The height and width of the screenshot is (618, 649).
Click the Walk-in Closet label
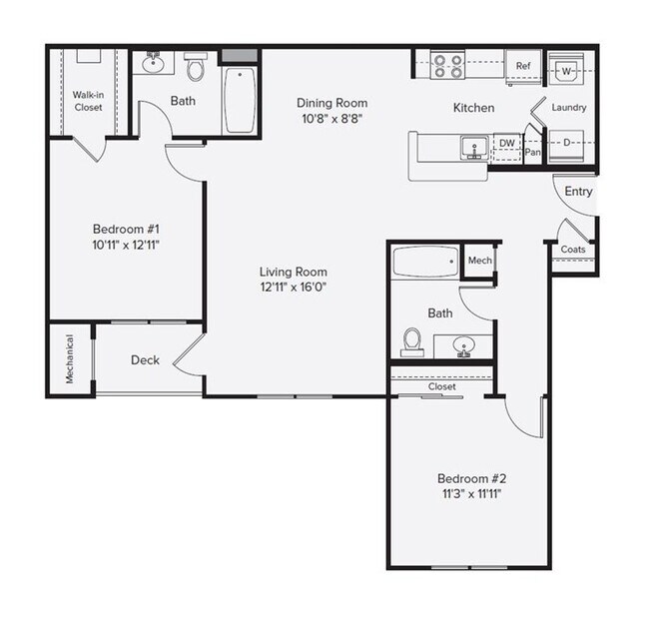pyautogui.click(x=87, y=101)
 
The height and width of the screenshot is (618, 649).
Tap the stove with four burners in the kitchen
pyautogui.click(x=448, y=66)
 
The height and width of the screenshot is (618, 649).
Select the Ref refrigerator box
pyautogui.click(x=522, y=67)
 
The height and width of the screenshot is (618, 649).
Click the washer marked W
pyautogui.click(x=566, y=71)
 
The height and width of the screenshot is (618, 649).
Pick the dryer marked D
pyautogui.click(x=567, y=144)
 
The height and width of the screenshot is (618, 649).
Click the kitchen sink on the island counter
pyautogui.click(x=472, y=149)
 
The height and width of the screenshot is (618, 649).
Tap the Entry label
pyautogui.click(x=578, y=191)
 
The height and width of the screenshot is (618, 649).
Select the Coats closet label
pyautogui.click(x=572, y=249)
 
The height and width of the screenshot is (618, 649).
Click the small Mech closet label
pyautogui.click(x=480, y=261)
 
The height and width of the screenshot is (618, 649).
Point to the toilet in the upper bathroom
pyautogui.click(x=195, y=69)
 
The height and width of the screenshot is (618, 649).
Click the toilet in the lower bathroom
pyautogui.click(x=411, y=342)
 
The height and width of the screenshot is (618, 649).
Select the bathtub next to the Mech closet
pyautogui.click(x=425, y=263)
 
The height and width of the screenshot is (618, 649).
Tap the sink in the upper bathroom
pyautogui.click(x=154, y=65)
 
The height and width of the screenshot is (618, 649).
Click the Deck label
pyautogui.click(x=145, y=360)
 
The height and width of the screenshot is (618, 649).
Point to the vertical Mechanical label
pyautogui.click(x=71, y=359)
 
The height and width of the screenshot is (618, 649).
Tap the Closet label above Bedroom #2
pyautogui.click(x=441, y=386)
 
